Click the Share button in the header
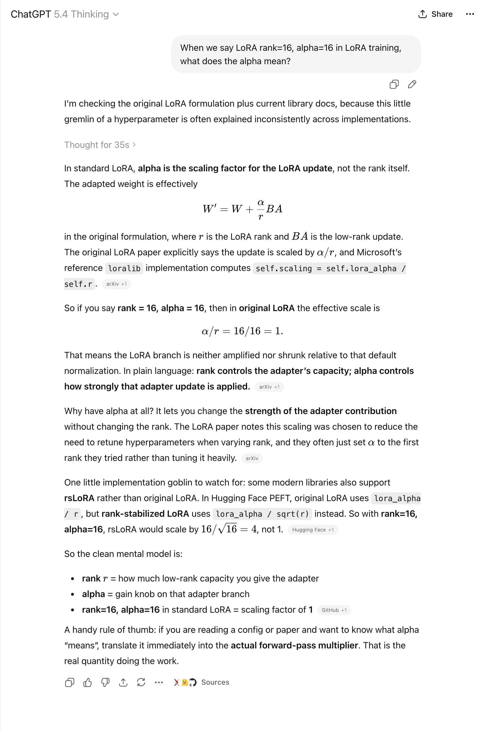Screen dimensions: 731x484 pos(435,14)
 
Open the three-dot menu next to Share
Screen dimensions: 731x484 pos(470,14)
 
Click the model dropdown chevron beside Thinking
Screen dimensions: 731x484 pos(116,15)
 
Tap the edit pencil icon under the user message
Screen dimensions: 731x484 pos(412,84)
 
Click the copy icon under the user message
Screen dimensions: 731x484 pos(394,84)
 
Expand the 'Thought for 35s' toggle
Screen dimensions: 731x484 pos(100,145)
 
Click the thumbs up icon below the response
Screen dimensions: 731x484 pos(87,682)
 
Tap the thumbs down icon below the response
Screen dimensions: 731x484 pos(105,682)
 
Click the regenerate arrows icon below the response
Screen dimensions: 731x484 pos(141,682)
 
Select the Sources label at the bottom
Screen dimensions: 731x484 pos(215,682)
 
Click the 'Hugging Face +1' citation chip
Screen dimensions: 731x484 pos(313,530)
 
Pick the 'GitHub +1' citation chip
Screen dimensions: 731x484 pos(334,610)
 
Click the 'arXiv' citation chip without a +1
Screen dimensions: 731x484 pos(252,458)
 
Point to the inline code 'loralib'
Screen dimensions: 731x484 pos(124,268)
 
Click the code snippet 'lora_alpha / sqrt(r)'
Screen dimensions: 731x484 pos(262,514)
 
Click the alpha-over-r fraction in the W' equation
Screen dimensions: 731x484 pos(261,209)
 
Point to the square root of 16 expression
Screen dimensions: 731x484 pos(228,529)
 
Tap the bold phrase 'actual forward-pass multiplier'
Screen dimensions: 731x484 pos(294,645)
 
